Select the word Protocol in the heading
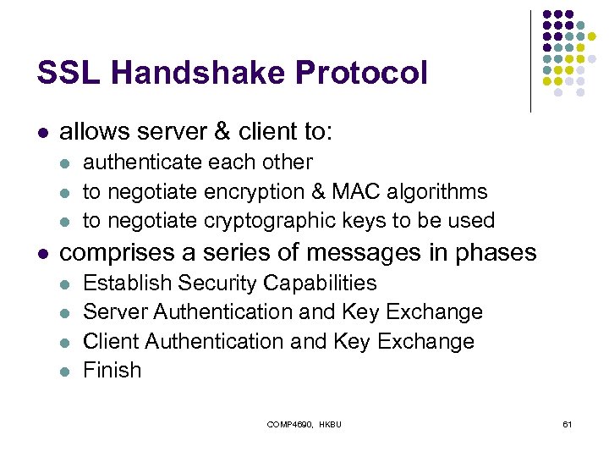[362, 73]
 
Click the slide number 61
[567, 423]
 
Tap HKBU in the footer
[330, 423]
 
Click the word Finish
[112, 370]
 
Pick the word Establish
[123, 283]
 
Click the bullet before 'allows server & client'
[43, 133]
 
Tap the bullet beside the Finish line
[66, 371]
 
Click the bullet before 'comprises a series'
[43, 253]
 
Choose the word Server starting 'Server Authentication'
[115, 311]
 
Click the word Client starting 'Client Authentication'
[111, 341]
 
